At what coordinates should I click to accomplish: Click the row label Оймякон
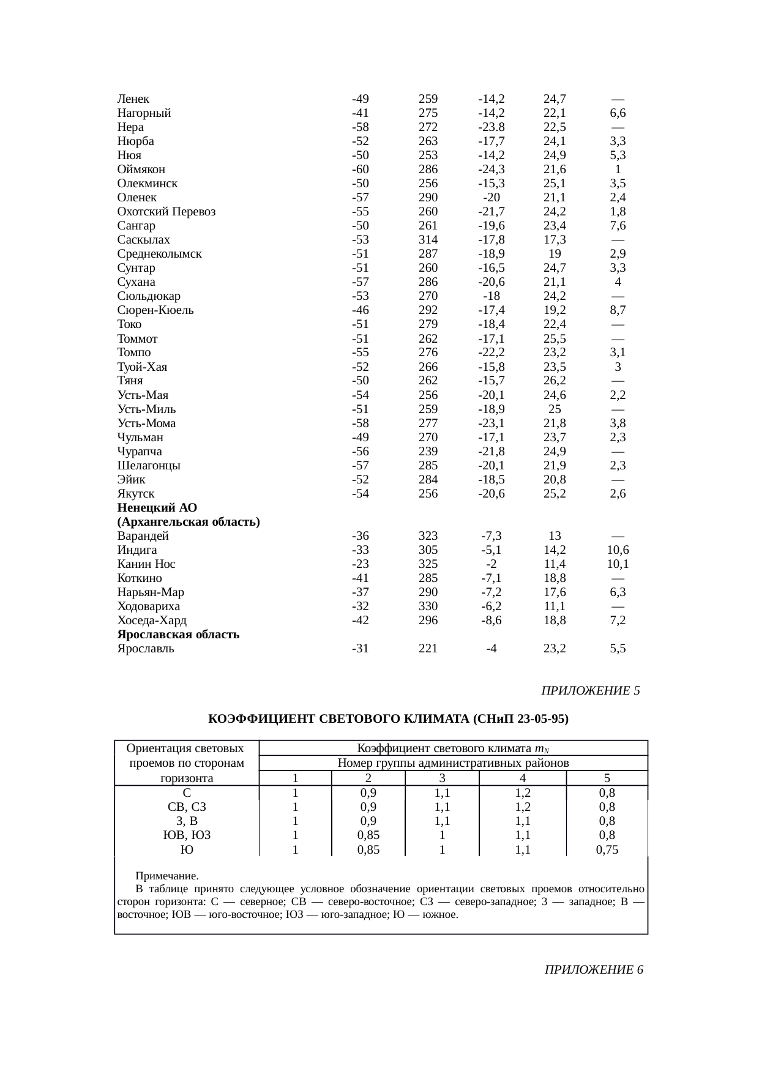141,170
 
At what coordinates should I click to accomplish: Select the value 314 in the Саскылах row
428,240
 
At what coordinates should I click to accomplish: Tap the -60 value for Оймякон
360,170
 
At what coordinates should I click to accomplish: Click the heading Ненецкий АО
157,508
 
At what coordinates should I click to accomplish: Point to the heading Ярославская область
178,635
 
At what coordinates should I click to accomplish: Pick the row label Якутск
136,494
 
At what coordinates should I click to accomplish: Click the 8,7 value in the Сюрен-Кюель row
618,310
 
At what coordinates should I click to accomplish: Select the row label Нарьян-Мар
151,592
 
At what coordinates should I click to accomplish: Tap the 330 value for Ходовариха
428,606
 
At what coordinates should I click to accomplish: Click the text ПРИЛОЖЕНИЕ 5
591,691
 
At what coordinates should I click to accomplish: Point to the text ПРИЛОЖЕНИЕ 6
594,970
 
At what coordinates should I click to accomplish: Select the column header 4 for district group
522,778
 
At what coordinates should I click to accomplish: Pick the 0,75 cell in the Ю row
607,850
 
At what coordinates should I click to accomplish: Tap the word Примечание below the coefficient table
166,876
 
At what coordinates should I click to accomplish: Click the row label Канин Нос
146,564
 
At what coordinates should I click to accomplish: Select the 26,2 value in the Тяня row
554,381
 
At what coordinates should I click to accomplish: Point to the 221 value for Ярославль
428,649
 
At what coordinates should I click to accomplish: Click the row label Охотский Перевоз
166,212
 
